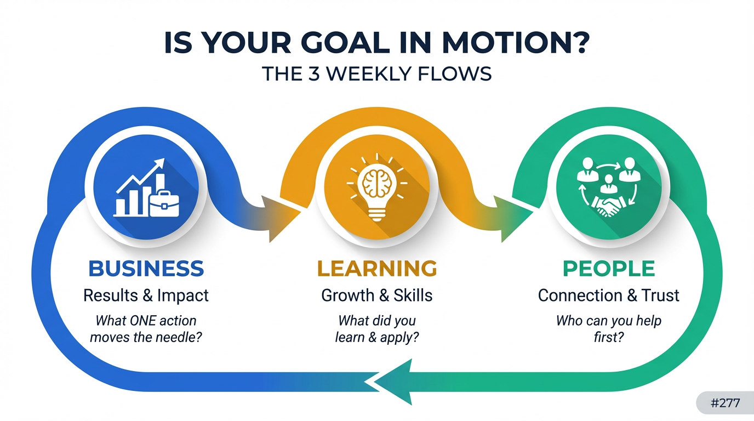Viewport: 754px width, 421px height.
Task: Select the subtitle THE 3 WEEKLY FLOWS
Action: (x=376, y=74)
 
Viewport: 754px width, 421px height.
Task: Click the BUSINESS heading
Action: (x=146, y=269)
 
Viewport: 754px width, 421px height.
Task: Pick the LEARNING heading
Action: (x=377, y=269)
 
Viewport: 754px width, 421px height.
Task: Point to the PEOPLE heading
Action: (x=609, y=269)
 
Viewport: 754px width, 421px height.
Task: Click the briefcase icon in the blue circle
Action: (x=164, y=204)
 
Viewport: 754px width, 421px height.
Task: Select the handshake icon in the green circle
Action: (x=608, y=207)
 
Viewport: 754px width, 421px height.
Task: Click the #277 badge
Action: (x=725, y=403)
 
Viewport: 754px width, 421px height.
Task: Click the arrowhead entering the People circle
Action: (x=513, y=219)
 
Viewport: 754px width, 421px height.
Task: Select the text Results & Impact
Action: (x=146, y=295)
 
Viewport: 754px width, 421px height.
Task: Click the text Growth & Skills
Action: (x=376, y=295)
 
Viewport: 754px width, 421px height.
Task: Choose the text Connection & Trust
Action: (x=608, y=295)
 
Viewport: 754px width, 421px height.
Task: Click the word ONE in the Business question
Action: (x=142, y=321)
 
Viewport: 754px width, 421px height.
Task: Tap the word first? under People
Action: (x=609, y=337)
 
